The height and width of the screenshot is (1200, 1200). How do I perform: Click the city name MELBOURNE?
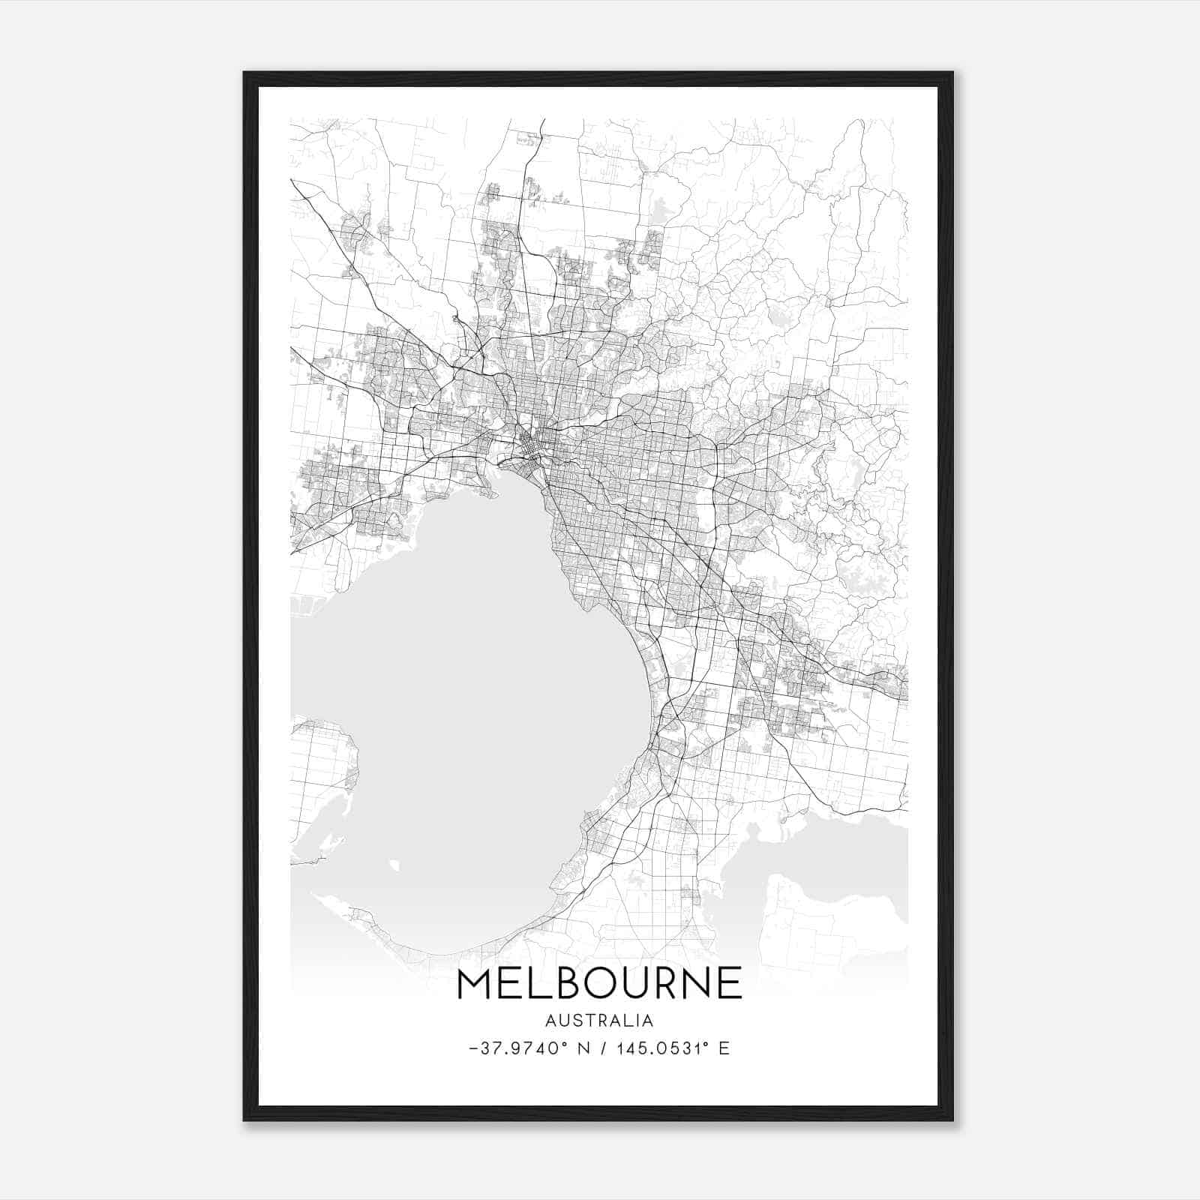tap(598, 984)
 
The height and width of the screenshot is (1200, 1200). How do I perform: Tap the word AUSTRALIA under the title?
tap(599, 1021)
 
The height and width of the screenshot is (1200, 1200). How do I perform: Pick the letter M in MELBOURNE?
tap(475, 984)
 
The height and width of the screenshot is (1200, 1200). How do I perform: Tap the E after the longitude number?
tap(724, 1048)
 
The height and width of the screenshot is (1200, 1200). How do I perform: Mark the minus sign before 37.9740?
tap(472, 1048)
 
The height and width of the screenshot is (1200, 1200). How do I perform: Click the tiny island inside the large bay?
tap(394, 866)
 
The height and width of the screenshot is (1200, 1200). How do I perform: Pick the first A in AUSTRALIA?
tap(551, 1021)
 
